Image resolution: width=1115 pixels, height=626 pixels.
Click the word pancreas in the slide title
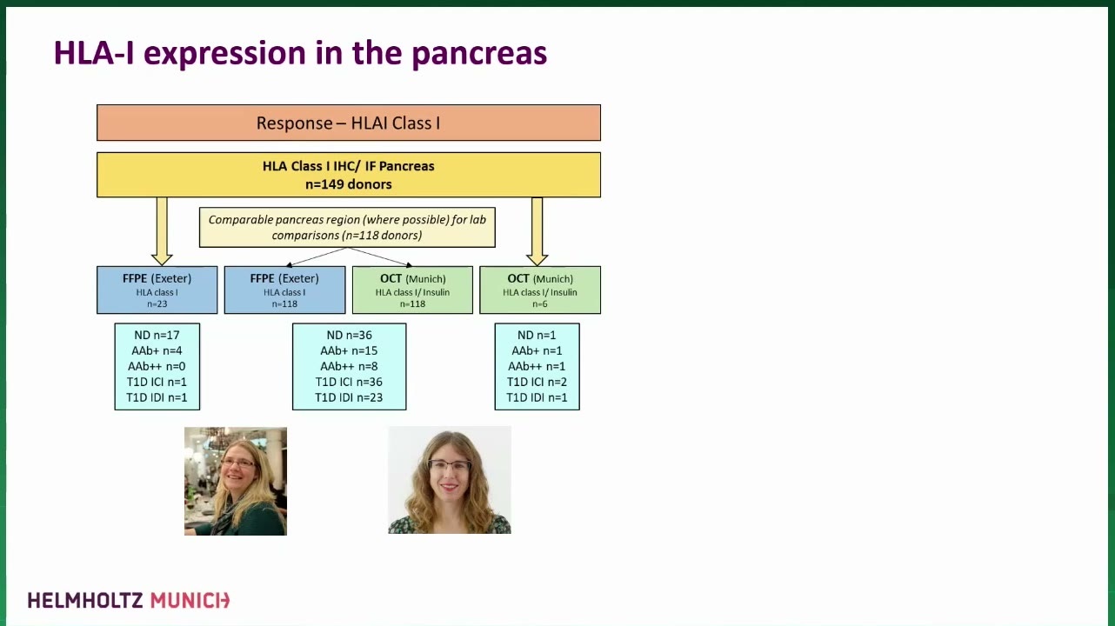[479, 54]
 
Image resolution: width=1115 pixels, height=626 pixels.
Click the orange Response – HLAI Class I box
[349, 123]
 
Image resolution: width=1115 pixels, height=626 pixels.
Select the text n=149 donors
[349, 184]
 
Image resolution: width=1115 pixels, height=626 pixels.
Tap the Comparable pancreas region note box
[347, 228]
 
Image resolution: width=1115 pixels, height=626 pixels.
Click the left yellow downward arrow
[162, 231]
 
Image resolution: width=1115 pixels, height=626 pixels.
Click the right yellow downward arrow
[537, 231]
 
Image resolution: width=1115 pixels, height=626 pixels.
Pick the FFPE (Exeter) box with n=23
[157, 290]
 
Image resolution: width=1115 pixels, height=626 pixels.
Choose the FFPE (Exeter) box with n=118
[284, 290]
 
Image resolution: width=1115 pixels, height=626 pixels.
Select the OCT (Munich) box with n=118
[412, 290]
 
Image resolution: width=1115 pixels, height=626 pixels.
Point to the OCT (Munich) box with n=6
[540, 290]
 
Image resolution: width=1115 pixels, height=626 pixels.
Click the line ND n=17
[157, 336]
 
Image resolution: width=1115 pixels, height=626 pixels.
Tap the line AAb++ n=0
[157, 367]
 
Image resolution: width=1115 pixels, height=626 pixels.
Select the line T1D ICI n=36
[349, 383]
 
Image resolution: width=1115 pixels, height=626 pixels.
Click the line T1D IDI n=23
[349, 397]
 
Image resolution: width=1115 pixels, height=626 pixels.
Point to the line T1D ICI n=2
[537, 383]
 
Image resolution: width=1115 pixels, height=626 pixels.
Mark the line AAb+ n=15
[349, 350]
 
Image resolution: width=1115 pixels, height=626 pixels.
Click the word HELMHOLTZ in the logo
[85, 601]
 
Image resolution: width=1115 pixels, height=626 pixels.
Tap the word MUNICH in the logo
[190, 601]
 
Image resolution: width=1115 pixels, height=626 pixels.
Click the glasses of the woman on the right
[450, 466]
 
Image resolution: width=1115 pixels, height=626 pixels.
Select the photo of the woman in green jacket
[236, 481]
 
